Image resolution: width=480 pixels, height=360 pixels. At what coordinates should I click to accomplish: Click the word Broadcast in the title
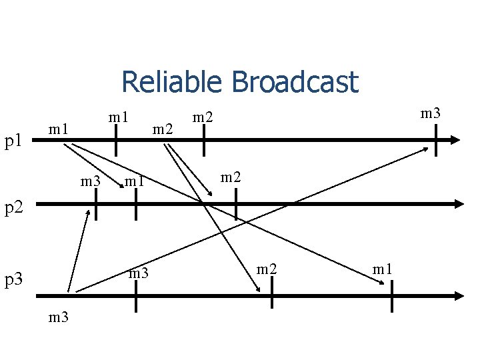295,83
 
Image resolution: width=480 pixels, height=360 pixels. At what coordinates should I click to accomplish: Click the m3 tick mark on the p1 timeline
436,140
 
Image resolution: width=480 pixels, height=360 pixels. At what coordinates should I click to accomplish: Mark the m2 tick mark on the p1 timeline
204,140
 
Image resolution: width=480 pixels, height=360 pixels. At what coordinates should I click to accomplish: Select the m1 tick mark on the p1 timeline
116,140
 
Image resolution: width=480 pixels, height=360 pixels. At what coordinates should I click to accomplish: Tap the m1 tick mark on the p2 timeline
136,203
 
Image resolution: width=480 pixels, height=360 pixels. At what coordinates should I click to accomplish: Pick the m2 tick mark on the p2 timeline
236,203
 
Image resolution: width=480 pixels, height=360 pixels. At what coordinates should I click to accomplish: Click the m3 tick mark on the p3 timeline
136,295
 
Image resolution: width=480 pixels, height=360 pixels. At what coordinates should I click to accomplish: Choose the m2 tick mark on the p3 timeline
272,295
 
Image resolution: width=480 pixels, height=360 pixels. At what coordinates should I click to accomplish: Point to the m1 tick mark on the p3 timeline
392,295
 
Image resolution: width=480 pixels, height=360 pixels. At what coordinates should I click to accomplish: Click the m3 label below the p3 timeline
59,317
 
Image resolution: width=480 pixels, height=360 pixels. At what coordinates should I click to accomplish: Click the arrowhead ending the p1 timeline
455,140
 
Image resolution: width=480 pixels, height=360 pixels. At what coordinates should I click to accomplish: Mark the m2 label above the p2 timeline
231,177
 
